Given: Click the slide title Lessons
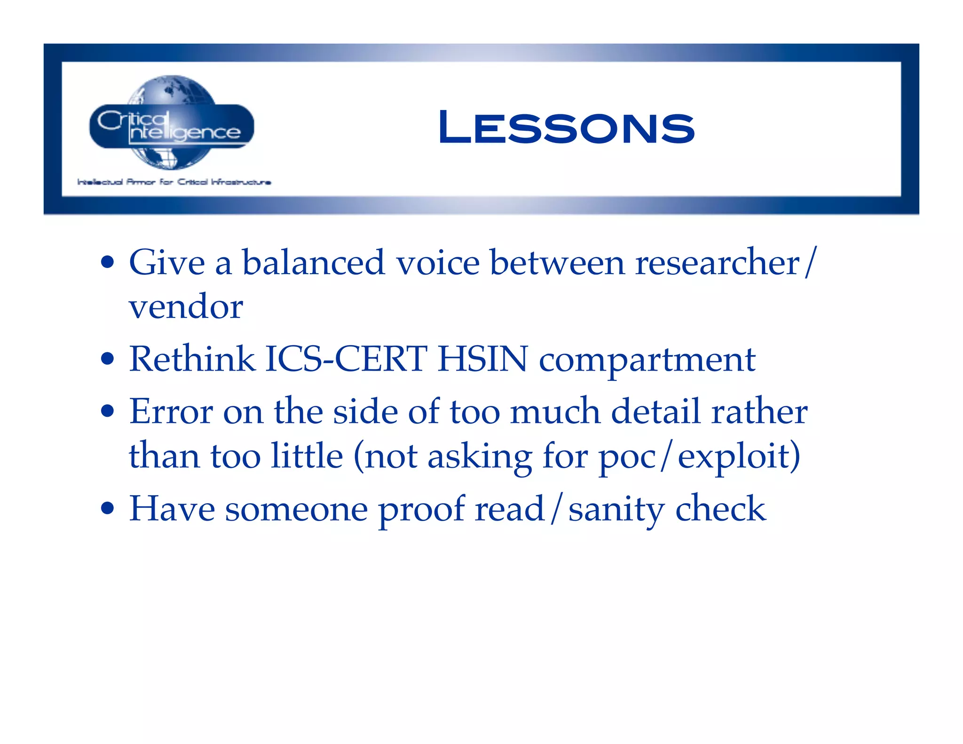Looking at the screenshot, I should pyautogui.click(x=566, y=127).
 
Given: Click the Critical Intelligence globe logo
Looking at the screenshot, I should pyautogui.click(x=172, y=123).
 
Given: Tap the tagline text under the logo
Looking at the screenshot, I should pyautogui.click(x=174, y=182).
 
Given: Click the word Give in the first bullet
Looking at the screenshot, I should pyautogui.click(x=167, y=262).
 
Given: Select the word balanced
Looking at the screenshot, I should pyautogui.click(x=313, y=262).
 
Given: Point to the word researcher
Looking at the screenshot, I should pyautogui.click(x=717, y=262).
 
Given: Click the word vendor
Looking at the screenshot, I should pyautogui.click(x=186, y=307).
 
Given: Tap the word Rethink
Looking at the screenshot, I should pyautogui.click(x=192, y=359).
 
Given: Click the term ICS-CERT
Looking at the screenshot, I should pyautogui.click(x=346, y=359).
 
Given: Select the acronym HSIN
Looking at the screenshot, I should pyautogui.click(x=482, y=359).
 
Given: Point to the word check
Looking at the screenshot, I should pyautogui.click(x=720, y=509).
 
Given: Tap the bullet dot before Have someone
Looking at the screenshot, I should pyautogui.click(x=108, y=509).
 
